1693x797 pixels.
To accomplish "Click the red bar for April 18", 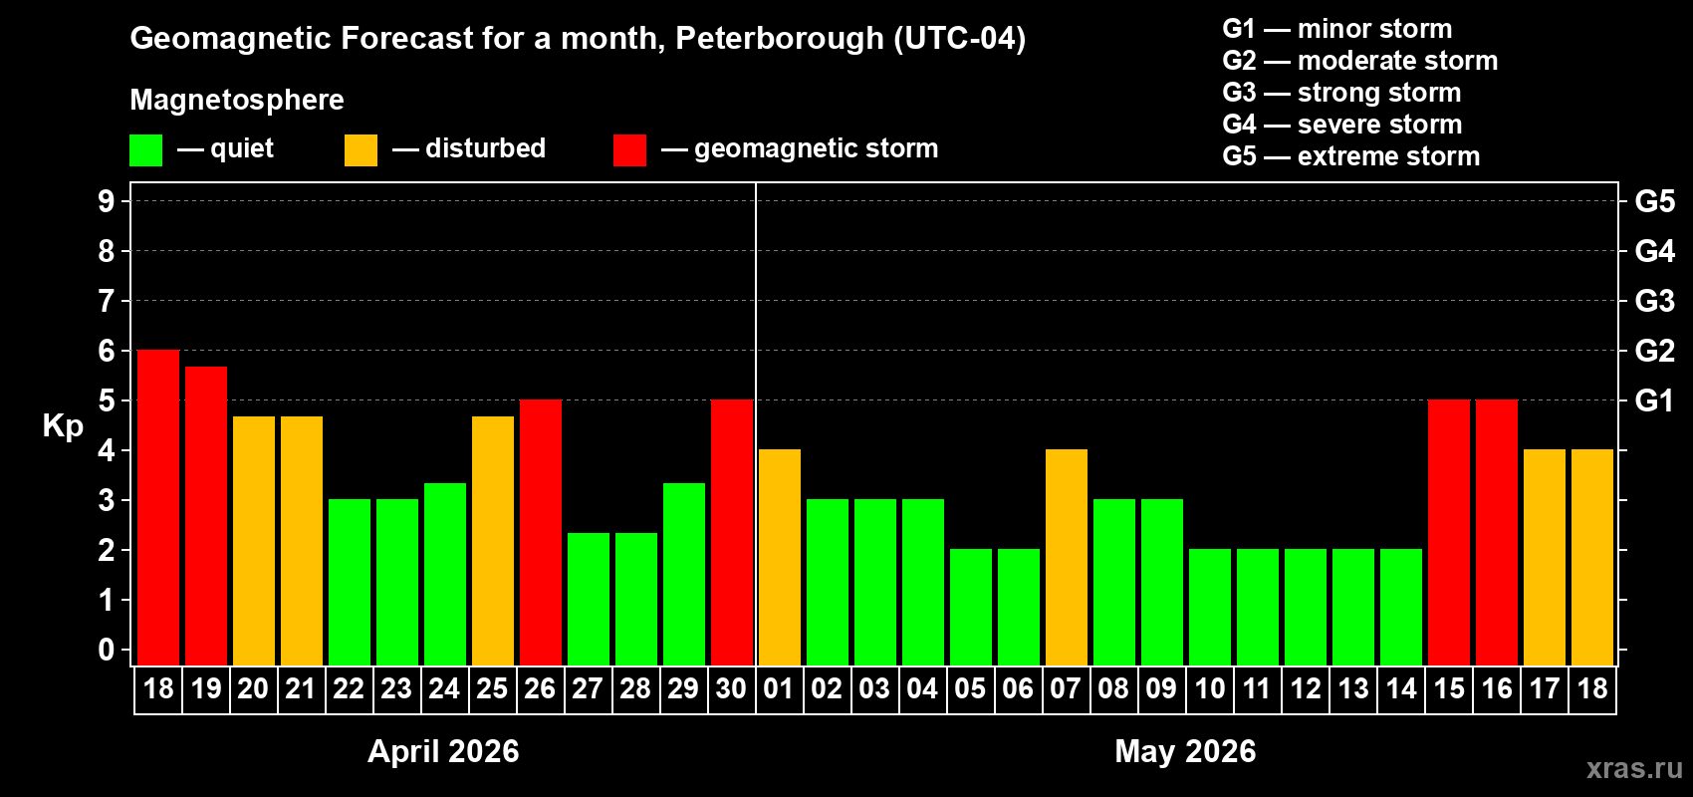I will click(x=158, y=507).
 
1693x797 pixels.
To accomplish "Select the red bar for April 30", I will click(x=732, y=532).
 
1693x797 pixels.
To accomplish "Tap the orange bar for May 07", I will click(x=1067, y=557).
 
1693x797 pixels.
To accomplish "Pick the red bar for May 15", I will click(x=1449, y=532).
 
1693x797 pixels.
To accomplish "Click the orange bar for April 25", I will click(x=493, y=540).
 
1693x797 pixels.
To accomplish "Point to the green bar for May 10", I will click(x=1210, y=607).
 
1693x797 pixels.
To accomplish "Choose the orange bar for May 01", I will click(x=780, y=557).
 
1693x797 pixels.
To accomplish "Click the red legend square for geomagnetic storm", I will click(x=629, y=150).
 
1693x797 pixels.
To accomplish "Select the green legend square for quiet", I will click(x=146, y=150).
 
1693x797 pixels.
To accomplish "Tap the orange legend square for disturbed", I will click(x=361, y=150).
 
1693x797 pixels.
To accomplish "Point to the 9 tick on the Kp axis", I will click(x=107, y=201).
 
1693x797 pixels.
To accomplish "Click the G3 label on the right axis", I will click(x=1654, y=301).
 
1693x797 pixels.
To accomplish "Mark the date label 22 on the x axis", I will click(x=349, y=688).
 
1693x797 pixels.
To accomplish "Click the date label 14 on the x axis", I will click(x=1401, y=688).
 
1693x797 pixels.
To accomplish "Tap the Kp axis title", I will click(x=63, y=425).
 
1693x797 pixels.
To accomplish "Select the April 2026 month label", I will click(x=443, y=751).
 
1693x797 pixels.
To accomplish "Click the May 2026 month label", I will click(x=1185, y=751).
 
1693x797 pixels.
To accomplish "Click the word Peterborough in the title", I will click(x=779, y=39).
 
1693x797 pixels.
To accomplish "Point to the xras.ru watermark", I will click(x=1634, y=768).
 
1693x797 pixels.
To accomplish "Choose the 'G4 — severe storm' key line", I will click(x=1342, y=125).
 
